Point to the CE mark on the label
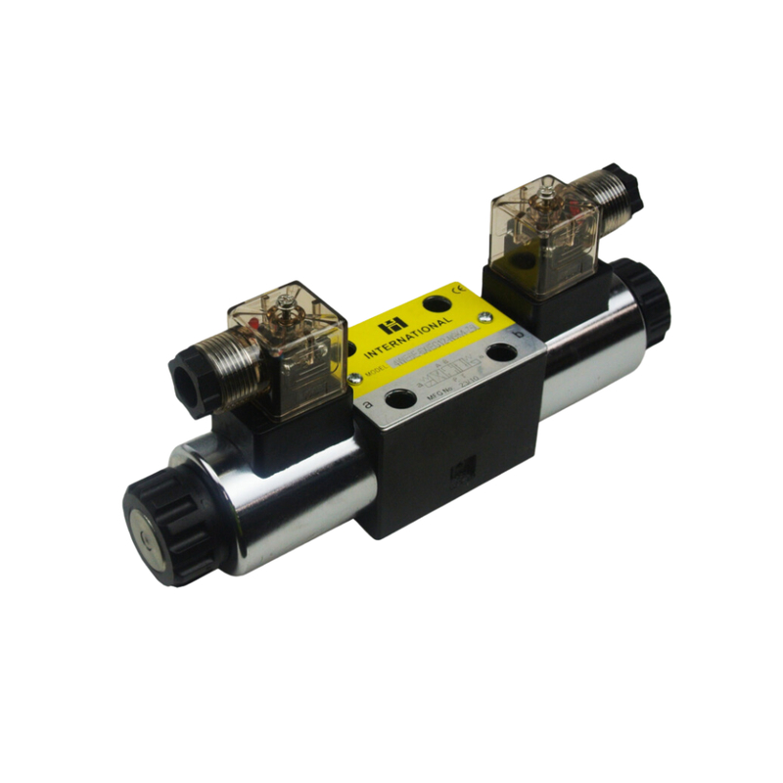coord(456,291)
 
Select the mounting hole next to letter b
coord(502,350)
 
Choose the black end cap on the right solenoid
coord(647,299)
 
